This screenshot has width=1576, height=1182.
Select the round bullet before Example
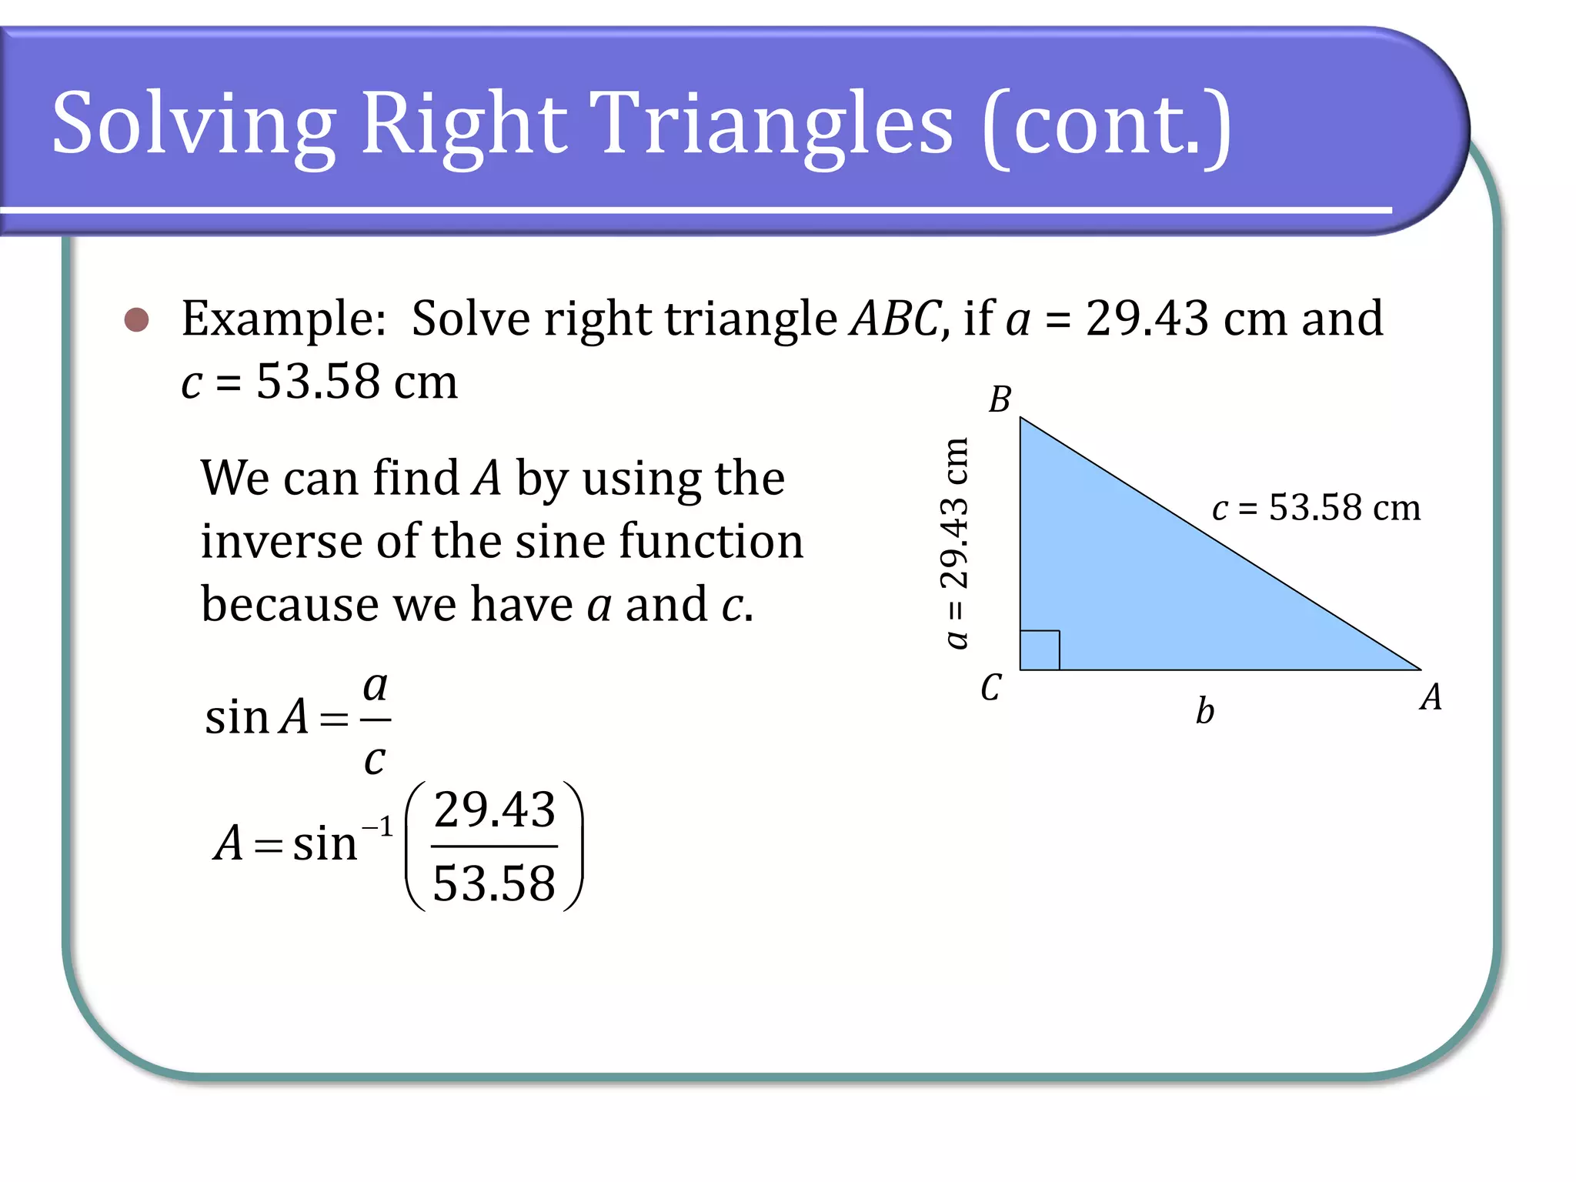point(137,319)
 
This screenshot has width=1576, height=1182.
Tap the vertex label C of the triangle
point(991,687)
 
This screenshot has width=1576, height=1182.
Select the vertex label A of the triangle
point(1431,697)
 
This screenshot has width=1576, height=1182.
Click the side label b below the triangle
point(1205,710)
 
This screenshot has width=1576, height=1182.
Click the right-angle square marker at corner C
point(1040,650)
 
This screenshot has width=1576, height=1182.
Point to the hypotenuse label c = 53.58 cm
point(1316,508)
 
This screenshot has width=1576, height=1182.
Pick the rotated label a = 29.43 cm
point(955,543)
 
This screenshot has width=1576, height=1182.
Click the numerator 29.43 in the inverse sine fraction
point(495,810)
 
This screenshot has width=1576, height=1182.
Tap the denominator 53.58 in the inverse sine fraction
point(494,883)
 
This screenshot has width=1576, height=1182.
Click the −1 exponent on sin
point(378,828)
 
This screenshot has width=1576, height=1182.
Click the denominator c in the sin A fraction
point(374,760)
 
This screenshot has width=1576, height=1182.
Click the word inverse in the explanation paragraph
point(282,541)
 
